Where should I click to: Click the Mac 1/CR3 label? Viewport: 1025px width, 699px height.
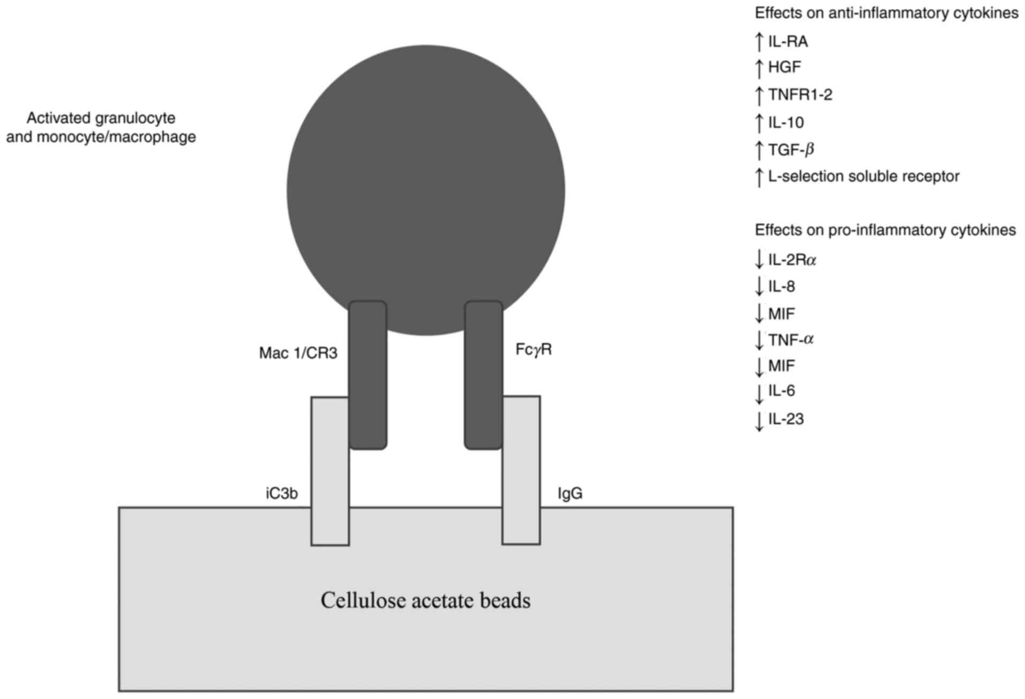[x=298, y=353]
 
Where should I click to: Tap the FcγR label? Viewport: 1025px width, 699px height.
[x=533, y=350]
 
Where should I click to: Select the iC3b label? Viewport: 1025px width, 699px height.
[x=281, y=493]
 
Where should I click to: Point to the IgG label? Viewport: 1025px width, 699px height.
[x=570, y=493]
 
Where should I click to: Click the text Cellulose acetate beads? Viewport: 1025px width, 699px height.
[x=425, y=600]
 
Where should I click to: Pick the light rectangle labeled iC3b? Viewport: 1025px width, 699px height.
[x=330, y=482]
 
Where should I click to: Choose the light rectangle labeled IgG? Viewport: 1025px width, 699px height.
[x=521, y=482]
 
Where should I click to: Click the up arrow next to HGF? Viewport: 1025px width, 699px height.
[x=759, y=68]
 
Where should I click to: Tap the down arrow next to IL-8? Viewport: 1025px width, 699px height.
[x=759, y=287]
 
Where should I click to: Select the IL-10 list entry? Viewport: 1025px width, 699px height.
[x=786, y=123]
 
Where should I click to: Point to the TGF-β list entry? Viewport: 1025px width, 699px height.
[x=791, y=149]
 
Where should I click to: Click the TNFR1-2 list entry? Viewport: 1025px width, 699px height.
[x=800, y=95]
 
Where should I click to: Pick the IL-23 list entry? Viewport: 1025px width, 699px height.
[x=786, y=419]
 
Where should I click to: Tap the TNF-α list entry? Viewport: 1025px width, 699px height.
[x=791, y=339]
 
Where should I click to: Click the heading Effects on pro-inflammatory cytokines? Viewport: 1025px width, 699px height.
[x=885, y=230]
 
